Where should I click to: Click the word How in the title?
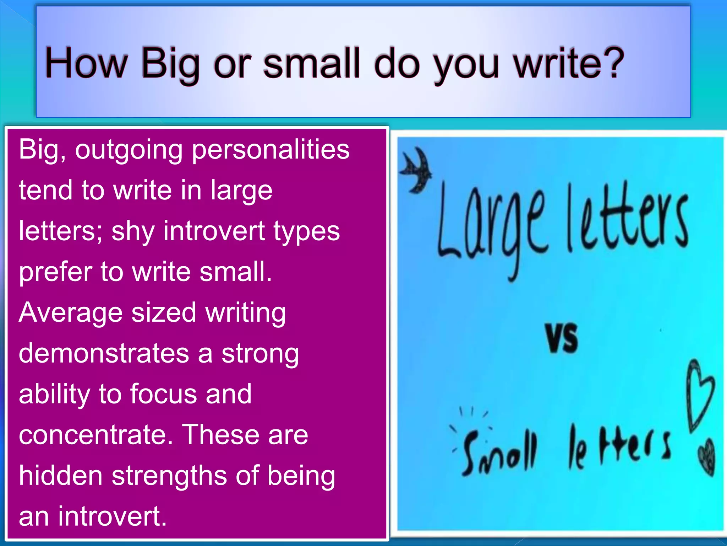tap(86, 63)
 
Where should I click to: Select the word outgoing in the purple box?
tap(129, 150)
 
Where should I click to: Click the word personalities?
tap(270, 150)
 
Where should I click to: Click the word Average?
tap(71, 313)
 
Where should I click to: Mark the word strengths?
tap(169, 476)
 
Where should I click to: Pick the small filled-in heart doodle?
tap(706, 457)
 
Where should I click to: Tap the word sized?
tap(164, 313)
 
